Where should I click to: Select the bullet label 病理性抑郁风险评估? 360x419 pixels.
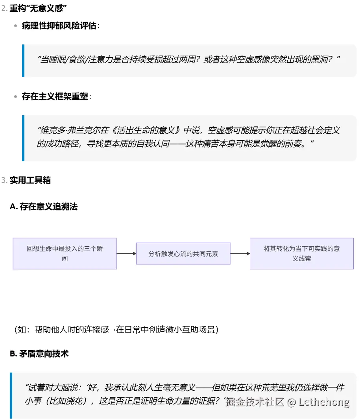59,26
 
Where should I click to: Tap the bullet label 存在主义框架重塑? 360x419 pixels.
55,96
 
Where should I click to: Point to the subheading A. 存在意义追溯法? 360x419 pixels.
43,207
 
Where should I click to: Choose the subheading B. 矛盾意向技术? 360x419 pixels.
39,353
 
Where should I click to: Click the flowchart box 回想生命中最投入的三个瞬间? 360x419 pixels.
65,253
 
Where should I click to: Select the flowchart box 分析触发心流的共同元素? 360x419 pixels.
183,254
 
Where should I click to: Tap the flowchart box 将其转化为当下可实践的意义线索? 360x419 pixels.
301,253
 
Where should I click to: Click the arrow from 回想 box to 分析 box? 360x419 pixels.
126,254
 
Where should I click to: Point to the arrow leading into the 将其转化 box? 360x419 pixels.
240,254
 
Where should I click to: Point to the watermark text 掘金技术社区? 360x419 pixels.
255,402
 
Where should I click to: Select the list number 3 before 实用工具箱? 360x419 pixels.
4,180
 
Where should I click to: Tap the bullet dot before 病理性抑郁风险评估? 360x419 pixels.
15,26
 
